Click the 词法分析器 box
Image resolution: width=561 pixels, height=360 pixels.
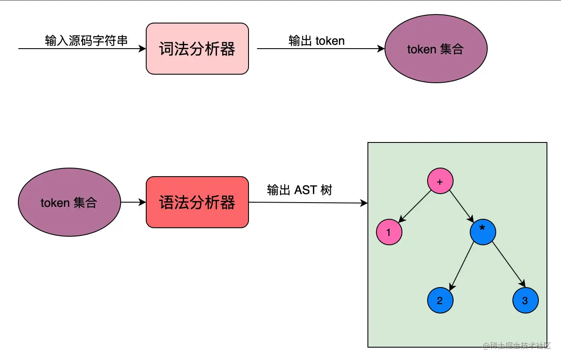(x=197, y=49)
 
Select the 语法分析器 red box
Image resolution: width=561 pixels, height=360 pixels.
(x=197, y=202)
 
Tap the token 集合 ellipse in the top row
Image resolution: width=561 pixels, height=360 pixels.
(x=436, y=49)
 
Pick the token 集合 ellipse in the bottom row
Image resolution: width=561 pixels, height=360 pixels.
(x=69, y=202)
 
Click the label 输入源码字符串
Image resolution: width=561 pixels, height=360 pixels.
(x=86, y=41)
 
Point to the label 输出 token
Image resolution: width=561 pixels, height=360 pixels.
(x=316, y=41)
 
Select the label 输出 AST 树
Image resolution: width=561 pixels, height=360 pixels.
(x=299, y=190)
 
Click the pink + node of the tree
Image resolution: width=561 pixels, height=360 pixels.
(x=440, y=181)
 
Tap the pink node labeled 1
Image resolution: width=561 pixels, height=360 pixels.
(x=389, y=232)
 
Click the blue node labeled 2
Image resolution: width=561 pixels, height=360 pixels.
(x=440, y=300)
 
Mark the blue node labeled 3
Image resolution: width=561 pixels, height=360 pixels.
(x=525, y=300)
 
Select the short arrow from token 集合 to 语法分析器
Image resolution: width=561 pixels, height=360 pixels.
(x=133, y=202)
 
